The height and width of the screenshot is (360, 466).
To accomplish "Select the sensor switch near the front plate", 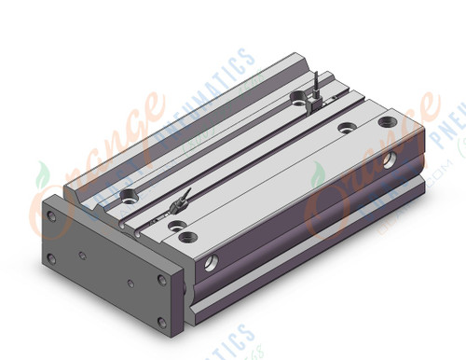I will (x=181, y=201).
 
